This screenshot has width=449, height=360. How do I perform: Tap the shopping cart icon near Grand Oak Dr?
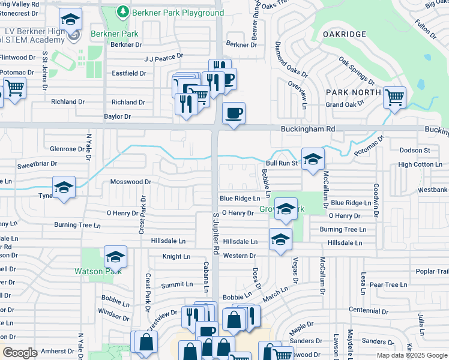[x=394, y=97]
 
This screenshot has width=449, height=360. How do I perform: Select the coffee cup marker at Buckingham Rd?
[x=234, y=112]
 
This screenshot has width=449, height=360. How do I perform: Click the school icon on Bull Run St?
[x=313, y=159]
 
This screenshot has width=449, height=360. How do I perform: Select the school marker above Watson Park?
[x=115, y=257]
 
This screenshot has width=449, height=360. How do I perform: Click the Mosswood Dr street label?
[x=130, y=182]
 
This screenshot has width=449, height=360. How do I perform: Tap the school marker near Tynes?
[x=64, y=187]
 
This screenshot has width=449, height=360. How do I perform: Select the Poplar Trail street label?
[x=432, y=271]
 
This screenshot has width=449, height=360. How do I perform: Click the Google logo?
[x=20, y=353]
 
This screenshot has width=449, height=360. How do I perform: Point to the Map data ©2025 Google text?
[x=412, y=355]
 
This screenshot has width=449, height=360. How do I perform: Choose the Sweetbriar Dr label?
[x=37, y=163]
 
